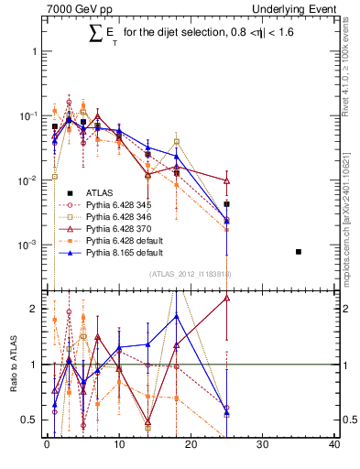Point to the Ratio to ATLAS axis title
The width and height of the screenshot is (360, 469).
coord(12,365)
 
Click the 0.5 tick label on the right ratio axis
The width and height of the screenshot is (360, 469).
coord(348,420)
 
